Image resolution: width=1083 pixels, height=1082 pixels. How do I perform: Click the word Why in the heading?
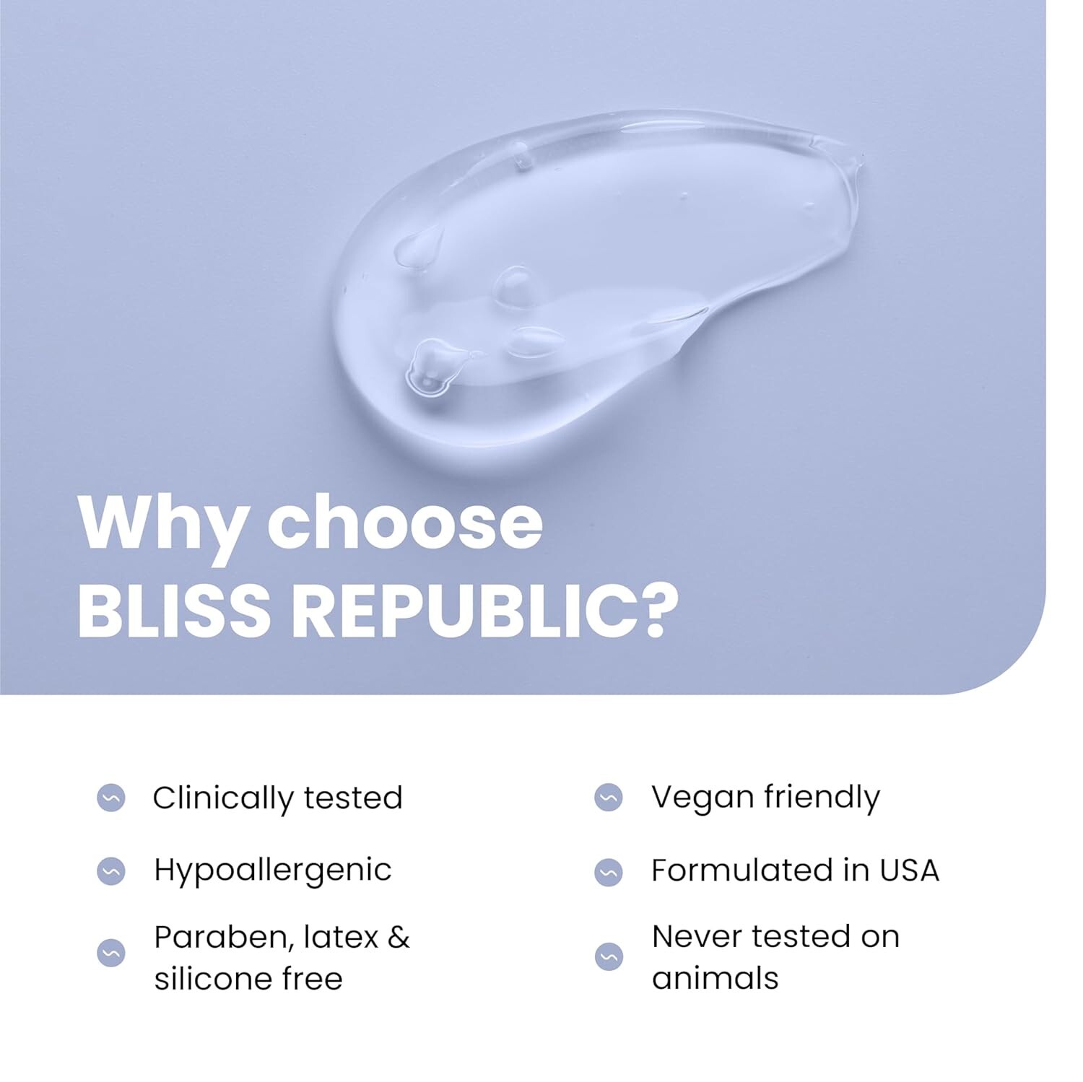pyautogui.click(x=162, y=523)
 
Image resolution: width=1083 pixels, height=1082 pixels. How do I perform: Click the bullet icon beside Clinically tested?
pyautogui.click(x=111, y=798)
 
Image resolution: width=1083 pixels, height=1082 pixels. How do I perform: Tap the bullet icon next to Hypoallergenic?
pyautogui.click(x=111, y=871)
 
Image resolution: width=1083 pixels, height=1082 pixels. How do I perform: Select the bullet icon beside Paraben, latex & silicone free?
pyautogui.click(x=111, y=953)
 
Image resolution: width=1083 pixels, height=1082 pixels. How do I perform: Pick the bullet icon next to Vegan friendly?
pyautogui.click(x=609, y=798)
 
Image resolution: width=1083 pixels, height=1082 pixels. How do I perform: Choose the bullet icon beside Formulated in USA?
pyautogui.click(x=609, y=871)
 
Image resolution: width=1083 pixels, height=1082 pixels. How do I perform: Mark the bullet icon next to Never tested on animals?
pyautogui.click(x=609, y=956)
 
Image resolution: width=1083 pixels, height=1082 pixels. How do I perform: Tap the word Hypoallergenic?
pyautogui.click(x=273, y=871)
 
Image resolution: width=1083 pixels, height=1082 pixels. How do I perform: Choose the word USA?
pyautogui.click(x=909, y=871)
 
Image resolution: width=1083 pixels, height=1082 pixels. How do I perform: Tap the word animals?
pyautogui.click(x=716, y=979)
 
